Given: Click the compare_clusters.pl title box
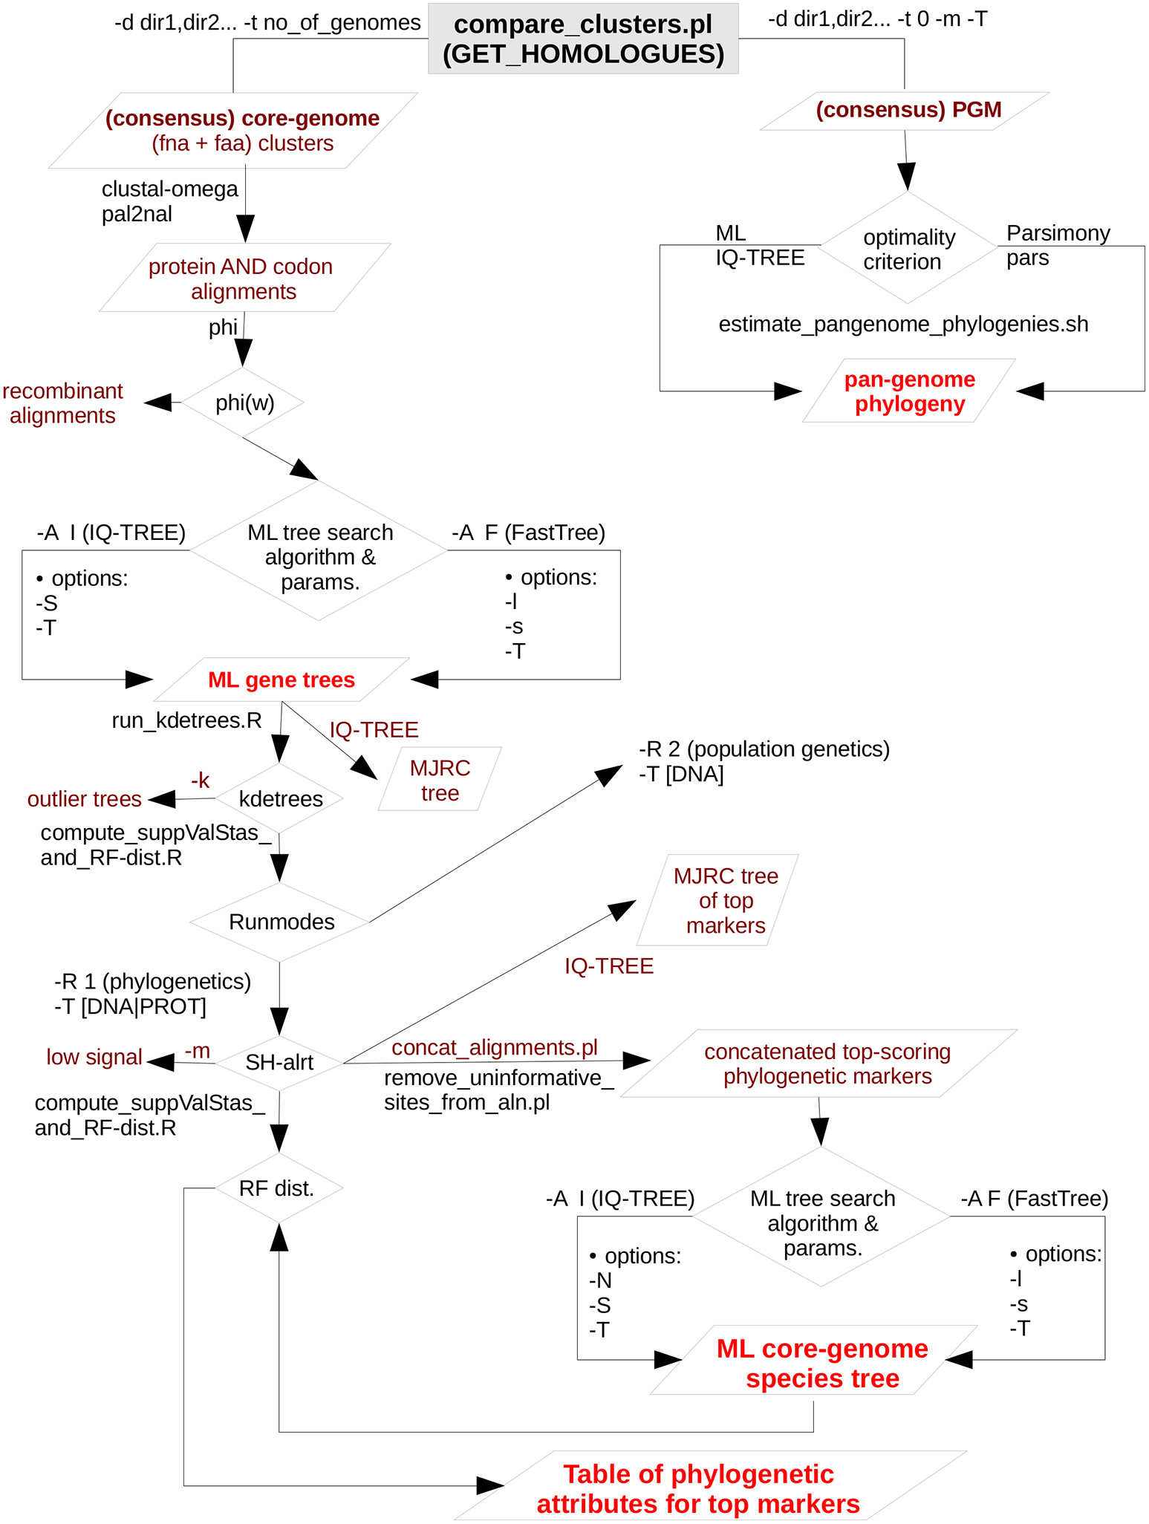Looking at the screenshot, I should coord(583,39).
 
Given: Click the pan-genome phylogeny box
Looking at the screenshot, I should coord(909,391).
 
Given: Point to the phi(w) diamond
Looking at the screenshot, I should coord(244,403).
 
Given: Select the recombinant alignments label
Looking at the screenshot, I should coord(62,403).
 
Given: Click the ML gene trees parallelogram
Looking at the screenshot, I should coord(281,680).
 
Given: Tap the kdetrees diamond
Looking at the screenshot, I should coord(280,799).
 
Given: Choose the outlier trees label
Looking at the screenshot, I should coord(84,799).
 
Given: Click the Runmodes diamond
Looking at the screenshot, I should coord(281,922).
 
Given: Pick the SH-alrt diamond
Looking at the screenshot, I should coord(279,1063).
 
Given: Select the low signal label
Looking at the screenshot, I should coord(94,1058).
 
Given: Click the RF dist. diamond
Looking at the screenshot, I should coord(277,1188).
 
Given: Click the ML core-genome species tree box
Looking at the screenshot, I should coord(821,1364).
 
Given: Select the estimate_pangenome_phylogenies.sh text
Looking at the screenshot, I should coord(903,325).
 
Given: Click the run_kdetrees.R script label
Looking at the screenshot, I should coord(186,720).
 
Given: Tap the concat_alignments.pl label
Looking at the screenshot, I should coord(495,1047).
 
